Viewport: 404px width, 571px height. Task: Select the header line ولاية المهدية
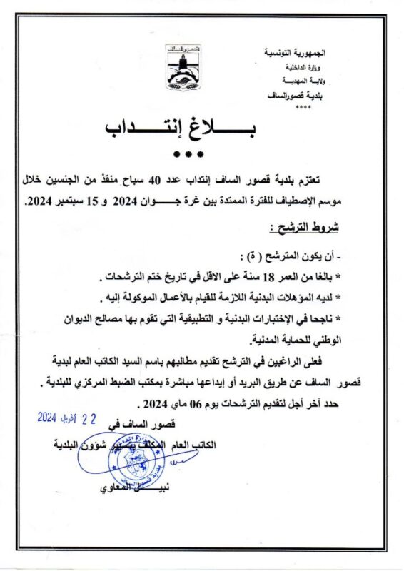click(310, 83)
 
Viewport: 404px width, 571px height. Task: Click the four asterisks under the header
click(303, 108)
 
